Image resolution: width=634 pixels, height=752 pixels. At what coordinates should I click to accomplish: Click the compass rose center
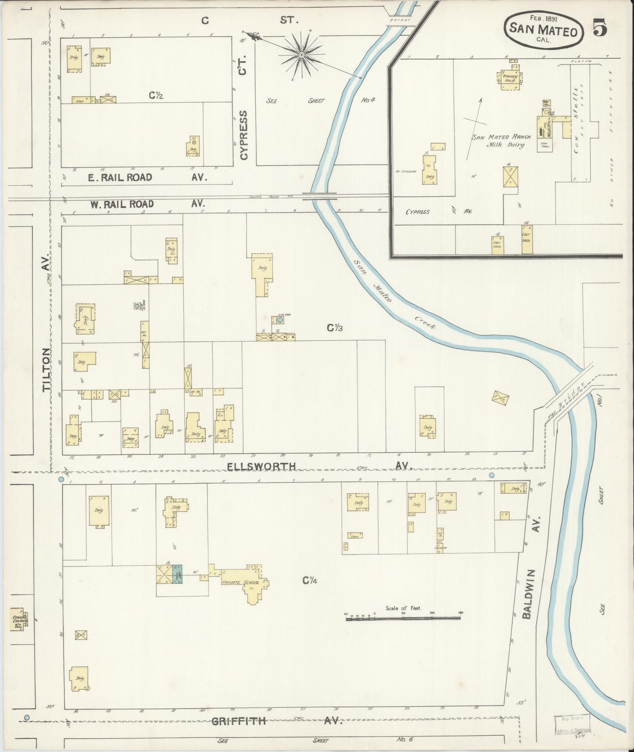[301, 54]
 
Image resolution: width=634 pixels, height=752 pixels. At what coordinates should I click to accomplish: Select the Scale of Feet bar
[403, 618]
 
